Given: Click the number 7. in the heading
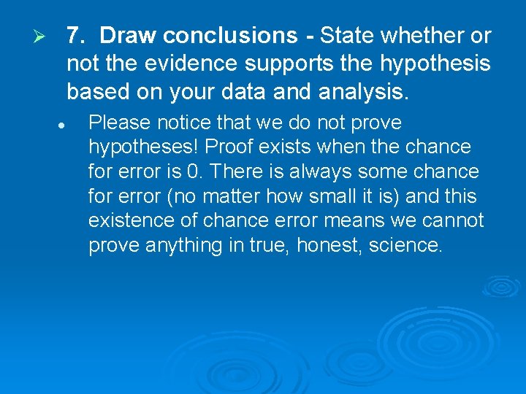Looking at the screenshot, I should [x=77, y=36].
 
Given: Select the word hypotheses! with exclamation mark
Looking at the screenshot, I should [x=143, y=147].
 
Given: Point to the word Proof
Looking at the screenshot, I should [x=229, y=147].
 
